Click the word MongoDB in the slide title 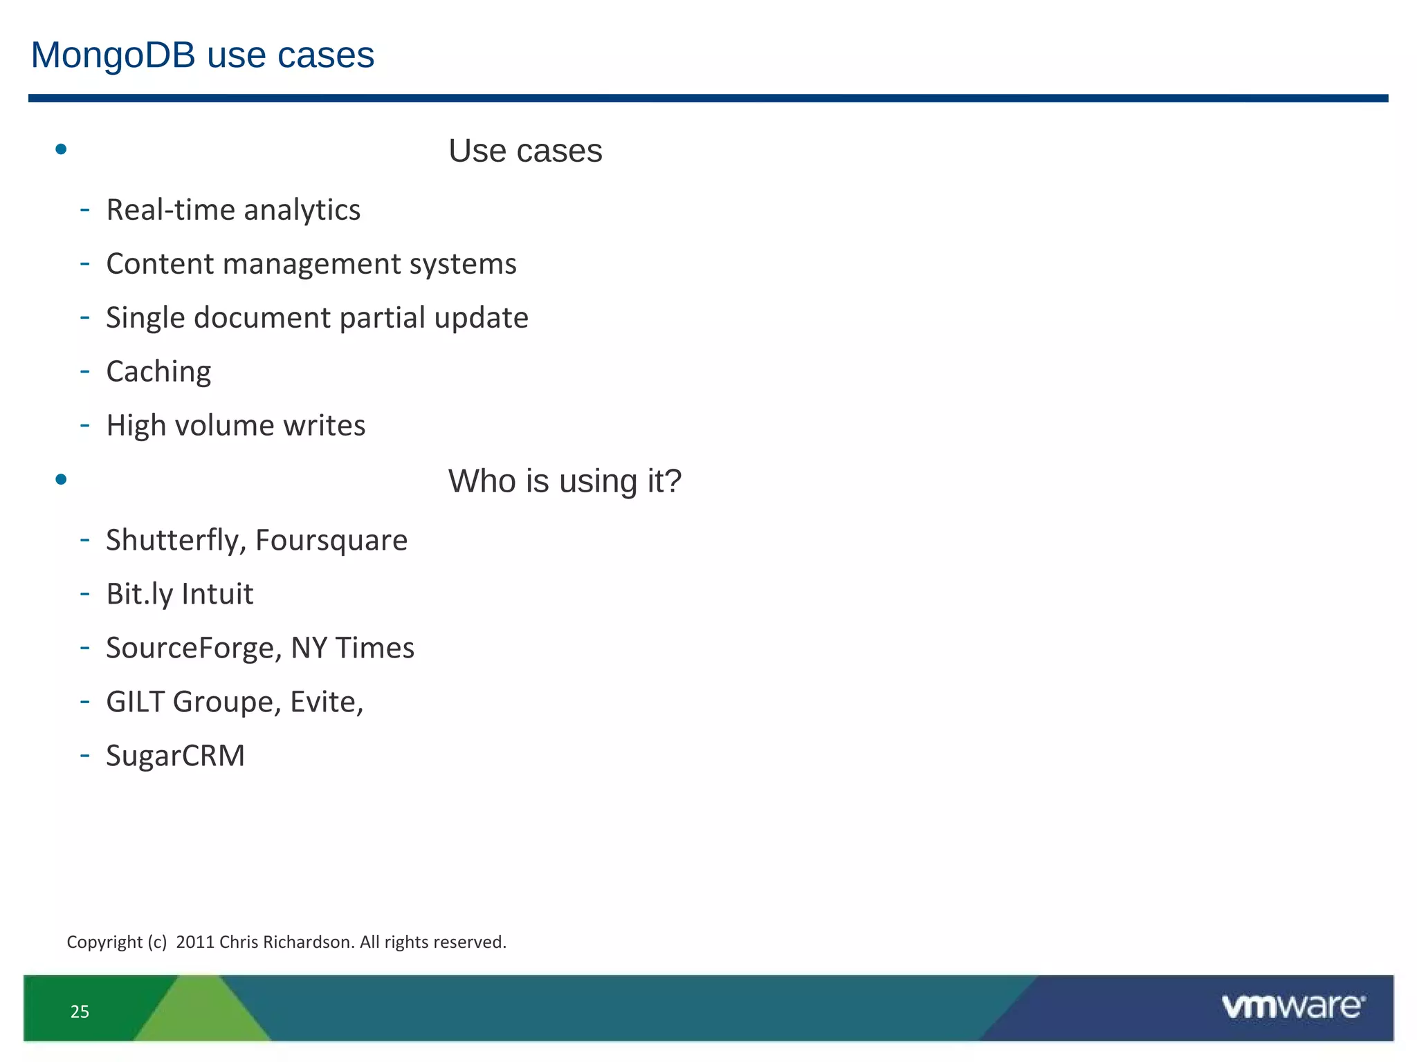click(113, 55)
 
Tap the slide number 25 click(80, 1012)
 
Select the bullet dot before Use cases click(61, 149)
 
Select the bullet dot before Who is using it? click(61, 479)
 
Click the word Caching click(158, 372)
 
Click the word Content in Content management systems click(160, 264)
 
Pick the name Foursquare click(331, 541)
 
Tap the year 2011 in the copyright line click(195, 942)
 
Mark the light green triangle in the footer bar click(202, 1013)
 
